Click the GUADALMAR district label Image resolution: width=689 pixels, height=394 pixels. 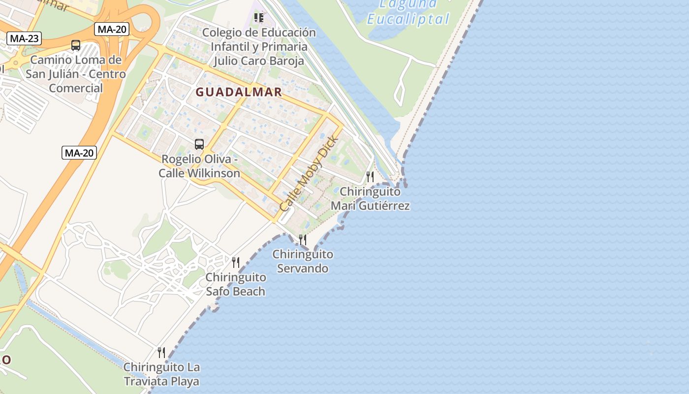click(x=239, y=92)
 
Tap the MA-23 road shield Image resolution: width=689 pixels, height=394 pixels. click(x=24, y=38)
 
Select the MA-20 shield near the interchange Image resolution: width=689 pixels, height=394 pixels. click(x=112, y=29)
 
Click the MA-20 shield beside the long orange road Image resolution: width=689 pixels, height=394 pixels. click(x=79, y=153)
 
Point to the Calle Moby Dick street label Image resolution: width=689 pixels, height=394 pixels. click(x=309, y=174)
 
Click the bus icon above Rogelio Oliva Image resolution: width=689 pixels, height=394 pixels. click(x=199, y=144)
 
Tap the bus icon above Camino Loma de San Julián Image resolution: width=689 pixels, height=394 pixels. click(x=76, y=45)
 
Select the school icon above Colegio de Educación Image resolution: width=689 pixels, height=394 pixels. click(x=259, y=18)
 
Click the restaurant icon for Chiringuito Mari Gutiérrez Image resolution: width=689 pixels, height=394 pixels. click(x=370, y=176)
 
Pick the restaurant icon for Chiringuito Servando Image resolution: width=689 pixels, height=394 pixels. click(x=303, y=240)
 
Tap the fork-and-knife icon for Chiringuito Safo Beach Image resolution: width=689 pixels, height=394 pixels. click(x=236, y=263)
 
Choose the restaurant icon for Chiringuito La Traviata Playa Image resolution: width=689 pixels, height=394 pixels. click(x=161, y=352)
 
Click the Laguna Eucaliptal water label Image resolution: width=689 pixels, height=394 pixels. click(x=408, y=13)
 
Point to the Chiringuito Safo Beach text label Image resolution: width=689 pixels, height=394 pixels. click(x=236, y=284)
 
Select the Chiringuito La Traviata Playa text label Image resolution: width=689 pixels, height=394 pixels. click(x=161, y=374)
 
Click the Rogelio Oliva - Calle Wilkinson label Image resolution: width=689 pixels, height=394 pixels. click(x=199, y=166)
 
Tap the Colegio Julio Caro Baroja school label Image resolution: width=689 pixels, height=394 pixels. click(x=259, y=47)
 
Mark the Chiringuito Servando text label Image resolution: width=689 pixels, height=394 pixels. click(x=303, y=262)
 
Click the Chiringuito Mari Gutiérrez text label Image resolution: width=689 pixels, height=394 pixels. click(x=370, y=198)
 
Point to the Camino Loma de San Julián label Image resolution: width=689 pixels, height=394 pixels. click(x=76, y=74)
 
